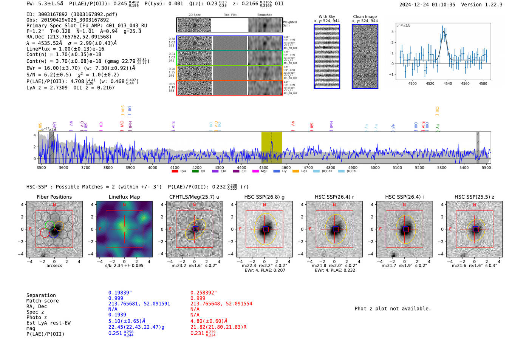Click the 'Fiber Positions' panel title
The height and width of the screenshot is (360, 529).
pos(54,197)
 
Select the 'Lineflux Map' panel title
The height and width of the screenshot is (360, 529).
pos(124,197)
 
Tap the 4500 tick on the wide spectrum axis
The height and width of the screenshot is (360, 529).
pos(264,167)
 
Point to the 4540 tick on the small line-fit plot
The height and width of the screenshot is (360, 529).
pos(448,83)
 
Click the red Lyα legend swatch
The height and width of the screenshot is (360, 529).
pos(175,171)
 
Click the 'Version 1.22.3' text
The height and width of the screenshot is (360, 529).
pos(482,5)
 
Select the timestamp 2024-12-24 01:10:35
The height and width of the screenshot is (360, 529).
pos(427,5)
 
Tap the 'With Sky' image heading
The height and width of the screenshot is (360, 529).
pos(326,17)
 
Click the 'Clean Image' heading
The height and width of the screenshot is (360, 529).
pos(365,17)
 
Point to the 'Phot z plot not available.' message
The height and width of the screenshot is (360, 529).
pos(393,309)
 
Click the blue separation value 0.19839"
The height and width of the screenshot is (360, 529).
pos(120,293)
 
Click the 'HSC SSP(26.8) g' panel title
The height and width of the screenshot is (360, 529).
pos(264,197)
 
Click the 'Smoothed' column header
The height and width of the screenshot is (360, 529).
pos(264,15)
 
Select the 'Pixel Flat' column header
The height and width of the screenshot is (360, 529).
pos(230,15)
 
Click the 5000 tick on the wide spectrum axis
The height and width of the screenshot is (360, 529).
pos(375,167)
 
